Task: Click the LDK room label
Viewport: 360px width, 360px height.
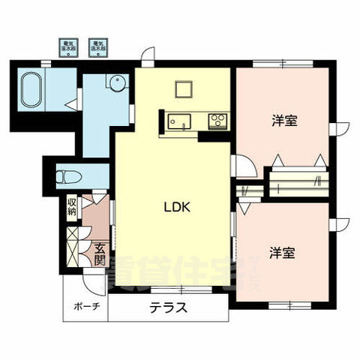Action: [x=176, y=208]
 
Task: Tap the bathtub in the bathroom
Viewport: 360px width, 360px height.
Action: [x=33, y=88]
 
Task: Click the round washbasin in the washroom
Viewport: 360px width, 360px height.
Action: [x=116, y=82]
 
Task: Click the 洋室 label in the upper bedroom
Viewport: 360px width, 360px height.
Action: [x=281, y=120]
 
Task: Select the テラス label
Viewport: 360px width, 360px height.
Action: [x=167, y=307]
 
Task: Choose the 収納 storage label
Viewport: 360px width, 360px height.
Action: [x=72, y=207]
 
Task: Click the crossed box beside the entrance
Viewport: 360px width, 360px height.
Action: [x=73, y=241]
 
